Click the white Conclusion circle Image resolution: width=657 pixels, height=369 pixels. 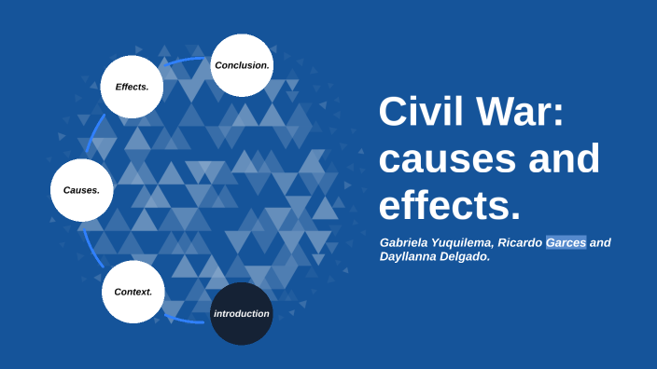(x=242, y=65)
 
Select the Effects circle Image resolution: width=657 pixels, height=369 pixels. (x=132, y=87)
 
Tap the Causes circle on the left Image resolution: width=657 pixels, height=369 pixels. (x=81, y=190)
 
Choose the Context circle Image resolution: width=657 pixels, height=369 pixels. (x=133, y=292)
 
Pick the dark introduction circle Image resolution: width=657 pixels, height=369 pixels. (x=242, y=313)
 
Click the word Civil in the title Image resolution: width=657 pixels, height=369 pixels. (x=418, y=114)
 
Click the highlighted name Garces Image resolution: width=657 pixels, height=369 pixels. (x=566, y=243)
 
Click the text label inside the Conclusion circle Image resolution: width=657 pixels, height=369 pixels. (x=242, y=65)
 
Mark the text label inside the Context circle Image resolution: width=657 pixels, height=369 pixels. (x=133, y=292)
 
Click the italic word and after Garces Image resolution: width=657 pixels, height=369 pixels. (x=600, y=243)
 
